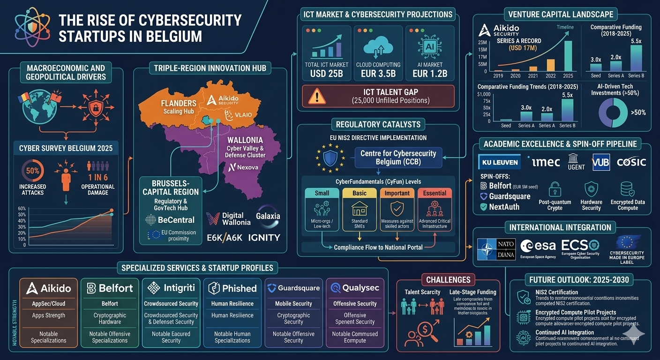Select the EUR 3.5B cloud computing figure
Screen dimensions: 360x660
click(378, 74)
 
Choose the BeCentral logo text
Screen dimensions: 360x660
click(167, 219)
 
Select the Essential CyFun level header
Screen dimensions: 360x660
click(435, 193)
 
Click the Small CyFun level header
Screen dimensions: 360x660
click(322, 193)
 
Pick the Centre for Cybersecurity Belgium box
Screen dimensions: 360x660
click(398, 157)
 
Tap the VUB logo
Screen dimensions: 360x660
click(601, 162)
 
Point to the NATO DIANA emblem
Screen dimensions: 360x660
click(496, 249)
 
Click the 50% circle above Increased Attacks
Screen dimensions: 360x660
click(32, 171)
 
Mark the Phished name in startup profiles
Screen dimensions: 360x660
click(232, 288)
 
